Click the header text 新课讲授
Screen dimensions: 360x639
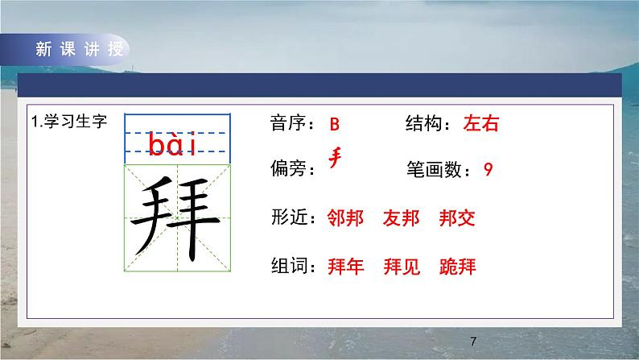click(79, 48)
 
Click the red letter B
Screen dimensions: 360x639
click(336, 125)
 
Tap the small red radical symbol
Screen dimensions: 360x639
click(336, 157)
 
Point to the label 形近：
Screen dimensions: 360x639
click(294, 217)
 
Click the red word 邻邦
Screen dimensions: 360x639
click(346, 217)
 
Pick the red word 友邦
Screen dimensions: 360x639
click(402, 217)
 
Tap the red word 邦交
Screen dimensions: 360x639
click(458, 217)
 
